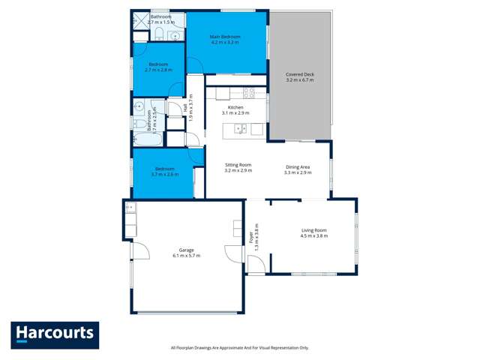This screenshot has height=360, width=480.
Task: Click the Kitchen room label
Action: point(236,109)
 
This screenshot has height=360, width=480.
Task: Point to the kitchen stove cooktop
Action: point(248,94)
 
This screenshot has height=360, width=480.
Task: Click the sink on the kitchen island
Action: point(240,128)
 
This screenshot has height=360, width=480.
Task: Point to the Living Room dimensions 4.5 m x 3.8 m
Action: point(313,236)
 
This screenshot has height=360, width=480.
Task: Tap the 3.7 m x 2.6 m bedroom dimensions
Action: point(163,175)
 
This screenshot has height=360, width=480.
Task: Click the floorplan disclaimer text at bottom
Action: point(239,347)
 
